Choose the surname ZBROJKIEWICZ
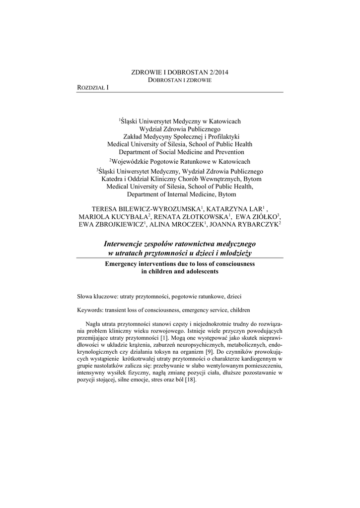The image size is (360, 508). point(117,225)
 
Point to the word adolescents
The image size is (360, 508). point(198,272)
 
